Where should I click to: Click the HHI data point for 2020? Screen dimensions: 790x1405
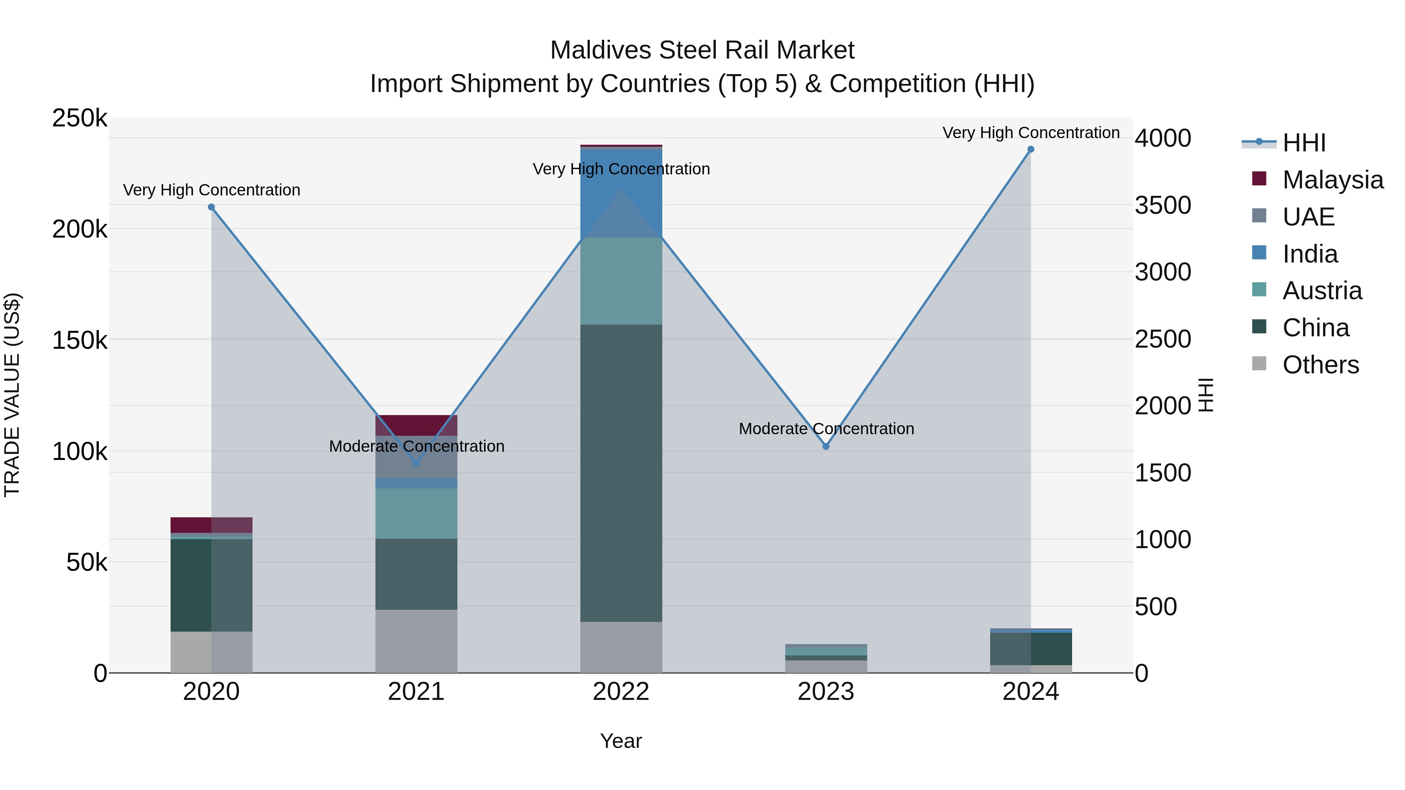[x=211, y=207]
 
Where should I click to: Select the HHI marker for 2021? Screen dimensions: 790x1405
[x=416, y=463]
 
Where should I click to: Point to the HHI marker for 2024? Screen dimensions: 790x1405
[x=1030, y=149]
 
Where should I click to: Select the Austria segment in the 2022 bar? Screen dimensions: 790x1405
[x=621, y=281]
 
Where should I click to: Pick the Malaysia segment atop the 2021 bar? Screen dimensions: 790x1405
[x=416, y=425]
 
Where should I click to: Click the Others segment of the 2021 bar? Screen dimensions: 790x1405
[x=416, y=641]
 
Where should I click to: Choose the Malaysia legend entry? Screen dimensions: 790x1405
[x=1332, y=180]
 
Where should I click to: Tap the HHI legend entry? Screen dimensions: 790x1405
[x=1304, y=143]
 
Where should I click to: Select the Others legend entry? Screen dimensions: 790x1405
[x=1320, y=365]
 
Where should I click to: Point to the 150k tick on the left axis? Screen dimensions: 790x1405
[x=80, y=341]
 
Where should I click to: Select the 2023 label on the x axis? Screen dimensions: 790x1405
[x=826, y=692]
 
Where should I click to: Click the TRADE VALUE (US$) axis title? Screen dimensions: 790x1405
[x=12, y=395]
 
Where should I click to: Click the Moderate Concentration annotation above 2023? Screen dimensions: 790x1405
[x=826, y=429]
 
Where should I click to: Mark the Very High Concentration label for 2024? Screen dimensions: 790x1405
[x=1030, y=133]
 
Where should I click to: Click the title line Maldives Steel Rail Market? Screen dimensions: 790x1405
[x=702, y=50]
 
